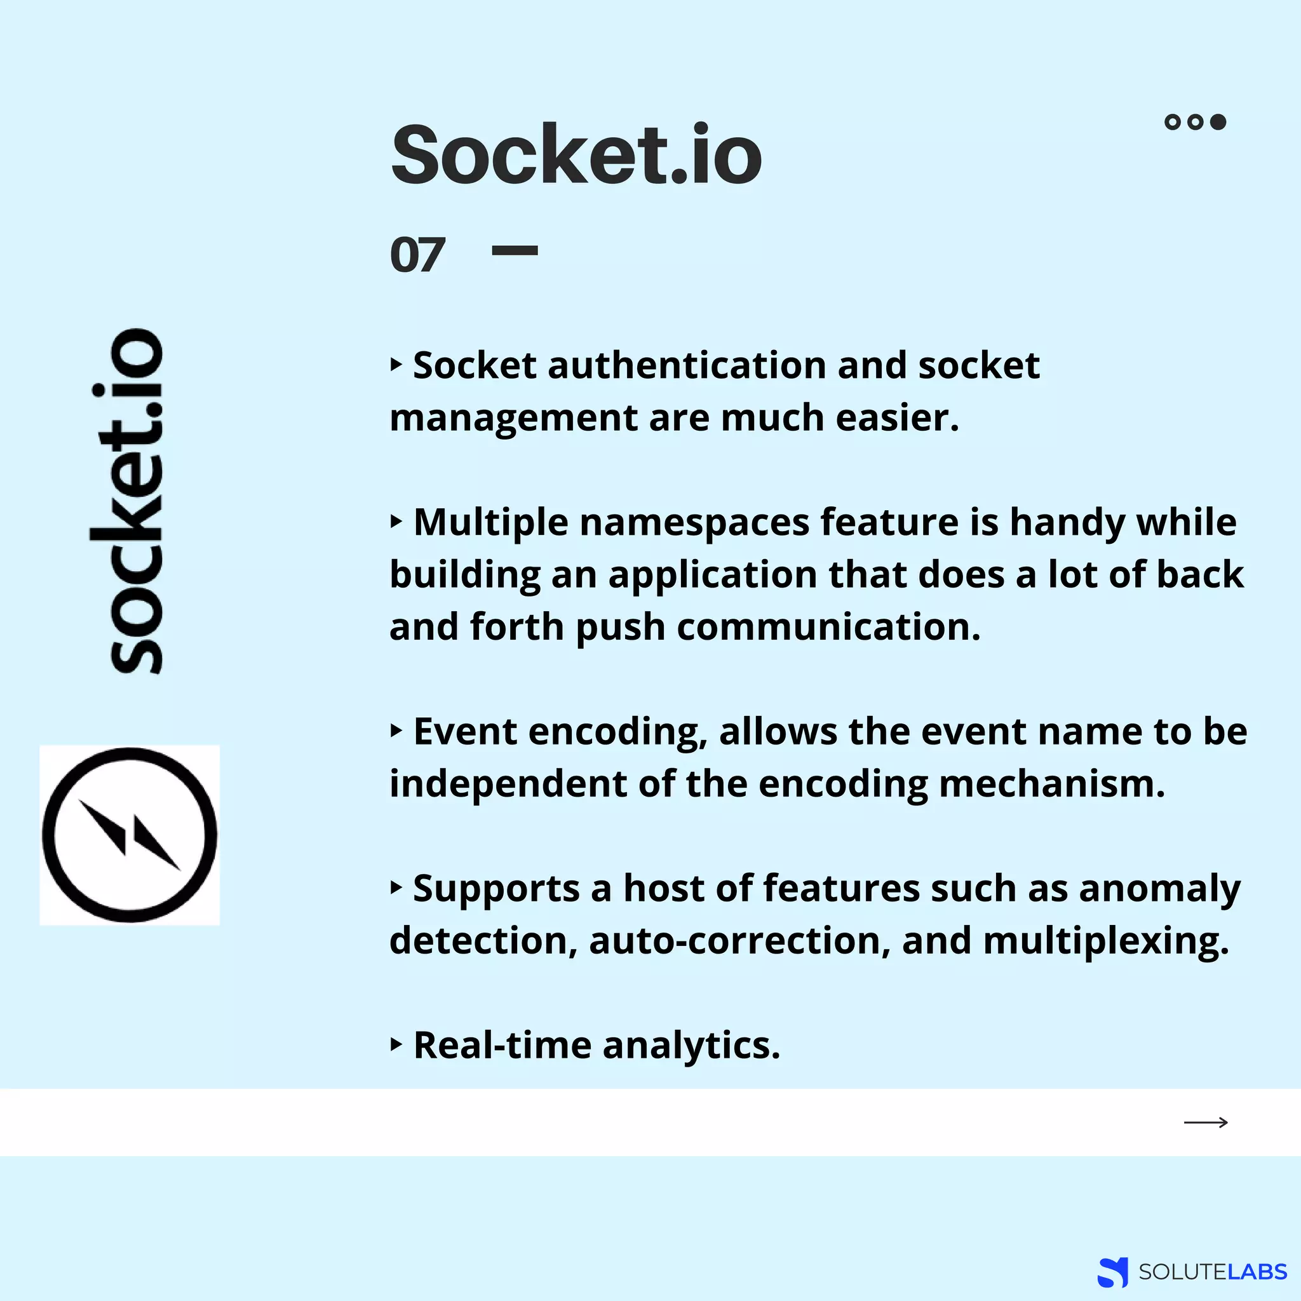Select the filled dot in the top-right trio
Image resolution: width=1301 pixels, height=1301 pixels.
(x=1218, y=122)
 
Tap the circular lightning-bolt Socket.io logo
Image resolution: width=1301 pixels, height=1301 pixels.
(x=130, y=835)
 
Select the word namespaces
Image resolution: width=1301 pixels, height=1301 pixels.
(x=694, y=522)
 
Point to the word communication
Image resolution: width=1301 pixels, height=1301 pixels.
(x=828, y=627)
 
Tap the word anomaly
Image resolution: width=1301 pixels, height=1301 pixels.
(x=1159, y=889)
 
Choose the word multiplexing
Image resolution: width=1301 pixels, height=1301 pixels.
(x=1106, y=941)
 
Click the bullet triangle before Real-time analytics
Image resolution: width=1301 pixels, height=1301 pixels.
(x=396, y=1044)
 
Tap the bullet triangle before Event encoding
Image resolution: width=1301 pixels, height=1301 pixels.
(x=396, y=731)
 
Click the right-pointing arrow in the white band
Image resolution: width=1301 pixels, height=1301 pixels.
(x=1205, y=1122)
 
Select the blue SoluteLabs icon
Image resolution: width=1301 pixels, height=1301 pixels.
(x=1112, y=1272)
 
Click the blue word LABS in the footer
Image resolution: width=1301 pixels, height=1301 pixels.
(x=1257, y=1272)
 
